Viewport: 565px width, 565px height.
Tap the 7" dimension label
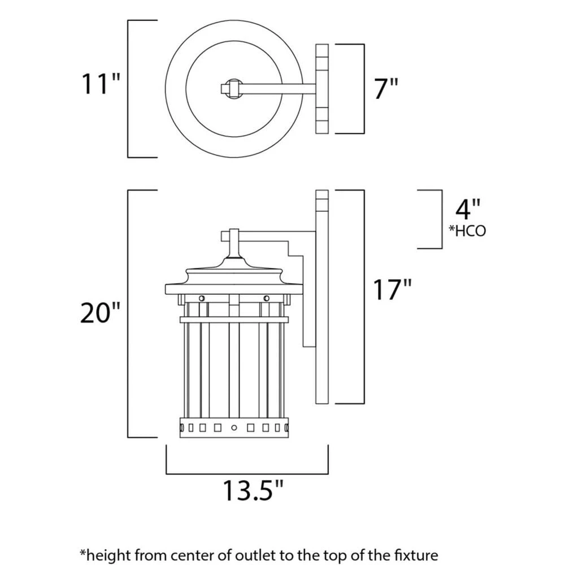pyautogui.click(x=386, y=89)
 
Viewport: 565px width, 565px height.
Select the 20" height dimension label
pyautogui.click(x=101, y=312)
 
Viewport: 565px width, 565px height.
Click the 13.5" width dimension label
pyautogui.click(x=251, y=490)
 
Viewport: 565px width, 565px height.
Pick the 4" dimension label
pyautogui.click(x=468, y=209)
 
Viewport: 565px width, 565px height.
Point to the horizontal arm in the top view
pyautogui.click(x=277, y=89)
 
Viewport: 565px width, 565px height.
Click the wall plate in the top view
pyautogui.click(x=322, y=89)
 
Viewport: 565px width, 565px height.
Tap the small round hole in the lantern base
pyautogui.click(x=233, y=427)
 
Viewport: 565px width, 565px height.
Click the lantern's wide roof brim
pyautogui.click(x=233, y=289)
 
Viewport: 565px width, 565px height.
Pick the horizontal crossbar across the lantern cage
pyautogui.click(x=233, y=320)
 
